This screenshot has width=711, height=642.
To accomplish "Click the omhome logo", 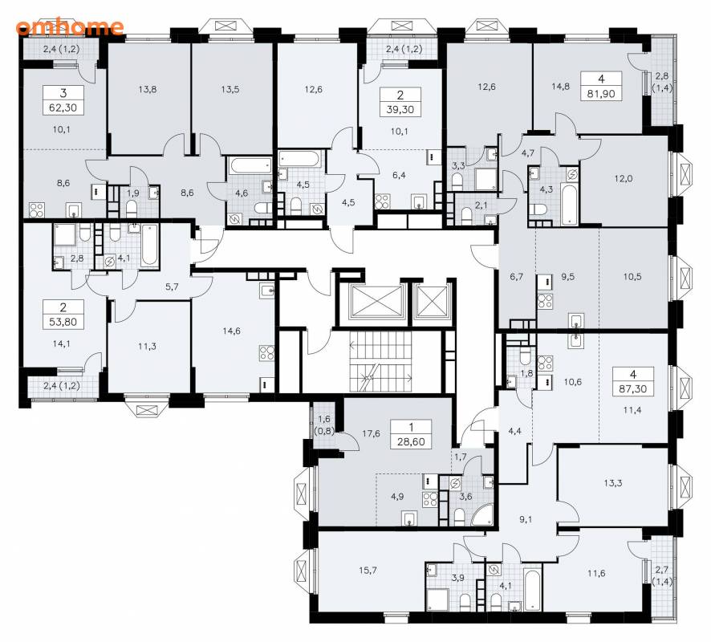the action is pos(69,26).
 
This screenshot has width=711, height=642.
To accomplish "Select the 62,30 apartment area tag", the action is pos(63,100).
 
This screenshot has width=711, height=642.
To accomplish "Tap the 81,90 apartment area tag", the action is pos(601,86).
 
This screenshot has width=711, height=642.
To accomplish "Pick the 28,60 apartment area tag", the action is pos(411,434).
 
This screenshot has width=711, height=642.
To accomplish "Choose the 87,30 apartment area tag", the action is pos(633,381).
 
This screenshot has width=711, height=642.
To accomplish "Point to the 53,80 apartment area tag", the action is pos(63,315).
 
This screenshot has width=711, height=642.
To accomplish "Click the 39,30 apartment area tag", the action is pos(400,102).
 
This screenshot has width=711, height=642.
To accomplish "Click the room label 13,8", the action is pos(148,89).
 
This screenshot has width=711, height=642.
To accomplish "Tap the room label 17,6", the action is pos(371,433).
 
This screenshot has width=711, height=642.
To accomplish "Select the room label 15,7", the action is pos(368,571).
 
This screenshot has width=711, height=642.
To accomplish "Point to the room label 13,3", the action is pos(613,483).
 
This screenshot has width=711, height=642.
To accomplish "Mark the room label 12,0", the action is pos(624,179).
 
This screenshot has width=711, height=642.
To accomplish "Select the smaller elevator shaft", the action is pos(432,302).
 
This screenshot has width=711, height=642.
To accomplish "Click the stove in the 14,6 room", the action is pos(266,353).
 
